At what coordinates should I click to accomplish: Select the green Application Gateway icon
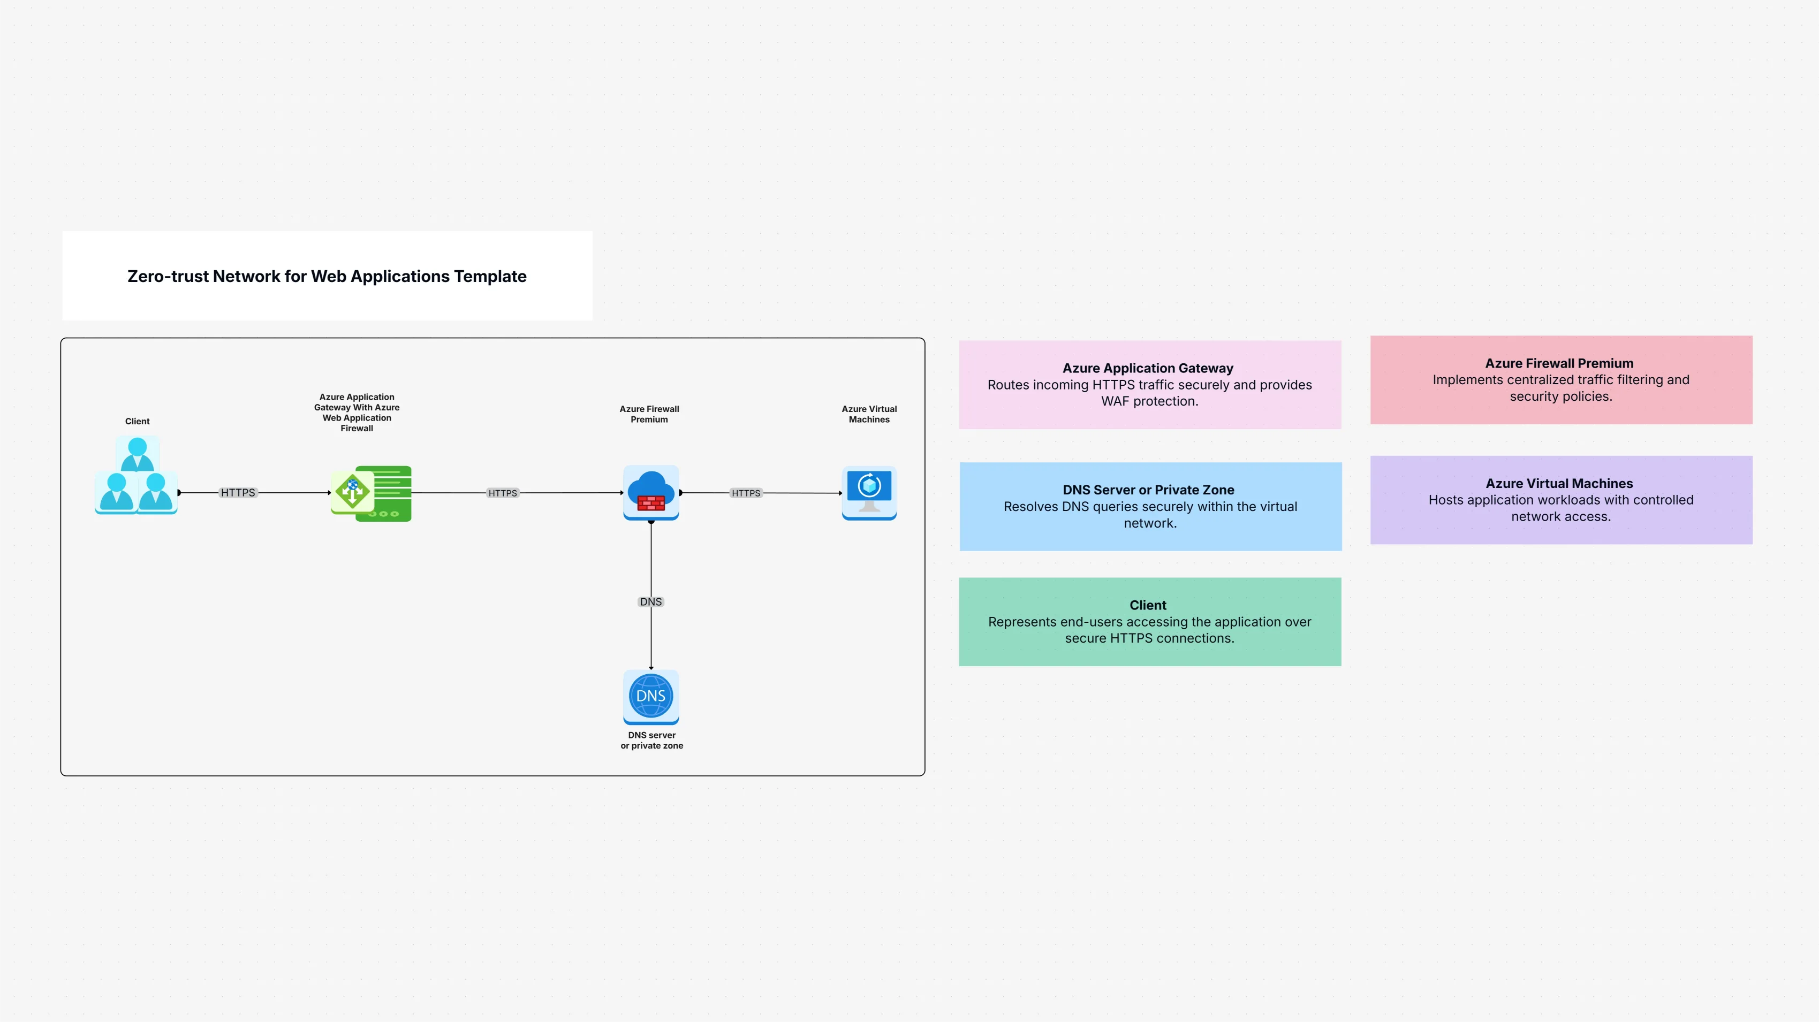(372, 493)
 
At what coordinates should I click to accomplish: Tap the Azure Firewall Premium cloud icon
(650, 492)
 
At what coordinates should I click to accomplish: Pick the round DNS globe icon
(650, 696)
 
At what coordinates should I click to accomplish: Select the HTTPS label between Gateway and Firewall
(502, 493)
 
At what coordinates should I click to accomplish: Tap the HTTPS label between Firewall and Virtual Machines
(746, 493)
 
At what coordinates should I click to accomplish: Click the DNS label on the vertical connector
(650, 602)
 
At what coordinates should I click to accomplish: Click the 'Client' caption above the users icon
(137, 421)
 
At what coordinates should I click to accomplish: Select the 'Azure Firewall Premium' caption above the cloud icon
(649, 414)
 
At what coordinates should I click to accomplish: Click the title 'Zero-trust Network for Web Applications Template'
(327, 276)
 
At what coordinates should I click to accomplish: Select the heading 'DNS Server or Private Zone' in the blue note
(1148, 490)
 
